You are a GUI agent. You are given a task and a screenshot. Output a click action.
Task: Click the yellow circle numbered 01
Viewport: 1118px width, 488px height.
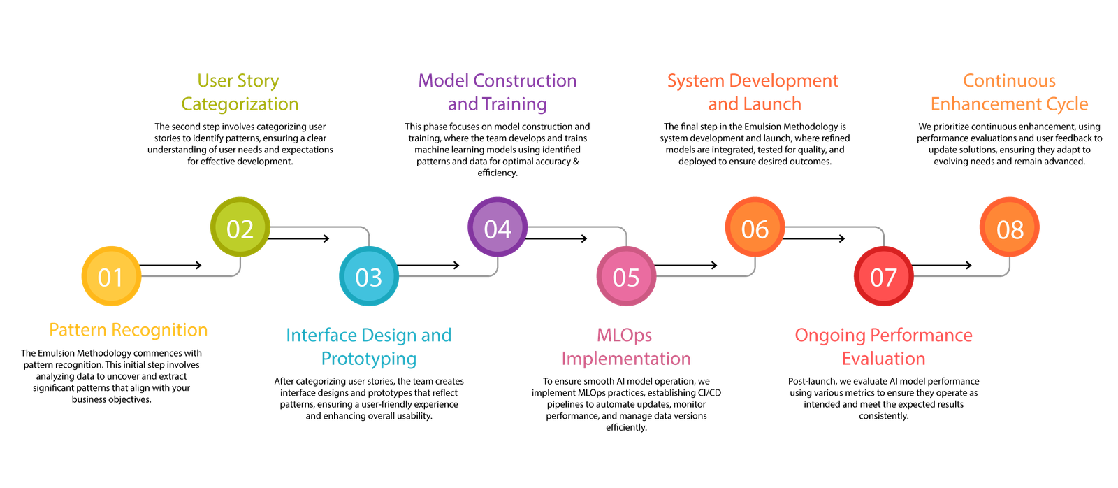[x=111, y=276]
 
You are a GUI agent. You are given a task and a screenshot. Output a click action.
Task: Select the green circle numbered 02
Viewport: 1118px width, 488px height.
[x=240, y=227]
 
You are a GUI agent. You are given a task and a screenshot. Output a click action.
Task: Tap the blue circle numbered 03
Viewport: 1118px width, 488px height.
[x=368, y=276]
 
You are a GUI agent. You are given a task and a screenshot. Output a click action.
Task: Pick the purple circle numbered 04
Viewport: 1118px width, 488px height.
[x=498, y=227]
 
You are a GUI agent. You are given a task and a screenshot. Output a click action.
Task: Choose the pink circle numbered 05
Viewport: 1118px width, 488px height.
[x=626, y=276]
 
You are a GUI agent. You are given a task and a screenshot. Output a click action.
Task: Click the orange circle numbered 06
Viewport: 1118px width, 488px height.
[x=755, y=227]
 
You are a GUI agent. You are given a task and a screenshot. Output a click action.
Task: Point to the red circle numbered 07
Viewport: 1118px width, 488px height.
[x=883, y=276]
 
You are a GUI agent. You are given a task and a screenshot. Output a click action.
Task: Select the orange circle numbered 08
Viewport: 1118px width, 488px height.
[x=1009, y=227]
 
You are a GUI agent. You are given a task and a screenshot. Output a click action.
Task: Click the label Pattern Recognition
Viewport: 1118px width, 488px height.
[x=128, y=330]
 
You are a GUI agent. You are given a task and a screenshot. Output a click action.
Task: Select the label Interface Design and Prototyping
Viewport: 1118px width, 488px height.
[x=369, y=347]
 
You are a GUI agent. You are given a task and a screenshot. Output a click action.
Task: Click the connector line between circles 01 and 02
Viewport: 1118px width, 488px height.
[x=189, y=277]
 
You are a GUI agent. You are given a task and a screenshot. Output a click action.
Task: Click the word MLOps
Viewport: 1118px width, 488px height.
[x=624, y=336]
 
